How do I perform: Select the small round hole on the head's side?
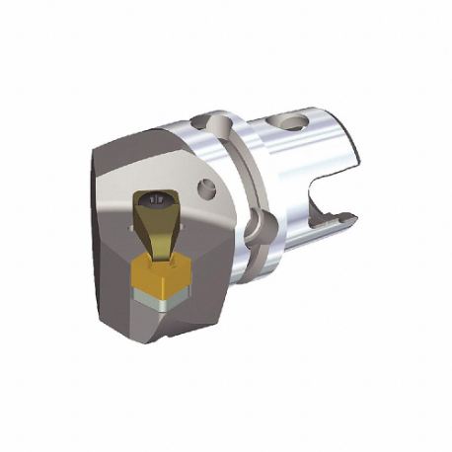(x=205, y=187)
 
